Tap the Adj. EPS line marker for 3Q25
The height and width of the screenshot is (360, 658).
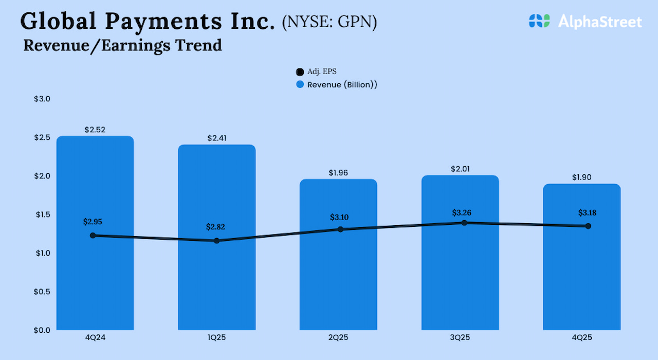click(x=464, y=223)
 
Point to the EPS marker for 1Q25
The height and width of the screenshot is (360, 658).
click(x=216, y=240)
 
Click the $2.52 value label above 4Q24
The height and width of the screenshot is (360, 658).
click(x=95, y=130)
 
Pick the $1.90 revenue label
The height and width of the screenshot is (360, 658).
click(x=582, y=177)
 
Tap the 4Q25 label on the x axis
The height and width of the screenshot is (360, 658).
click(x=582, y=337)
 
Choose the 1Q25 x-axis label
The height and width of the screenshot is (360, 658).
click(x=216, y=337)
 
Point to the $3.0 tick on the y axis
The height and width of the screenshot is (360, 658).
click(x=42, y=99)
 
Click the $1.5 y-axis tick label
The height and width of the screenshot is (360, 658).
click(x=42, y=214)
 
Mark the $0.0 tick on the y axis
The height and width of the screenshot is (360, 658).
click(x=42, y=330)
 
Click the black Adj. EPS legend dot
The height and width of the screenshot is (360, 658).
click(x=300, y=72)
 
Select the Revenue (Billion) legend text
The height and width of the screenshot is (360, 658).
click(x=342, y=84)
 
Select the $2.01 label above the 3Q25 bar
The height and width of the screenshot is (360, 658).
click(x=460, y=169)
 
